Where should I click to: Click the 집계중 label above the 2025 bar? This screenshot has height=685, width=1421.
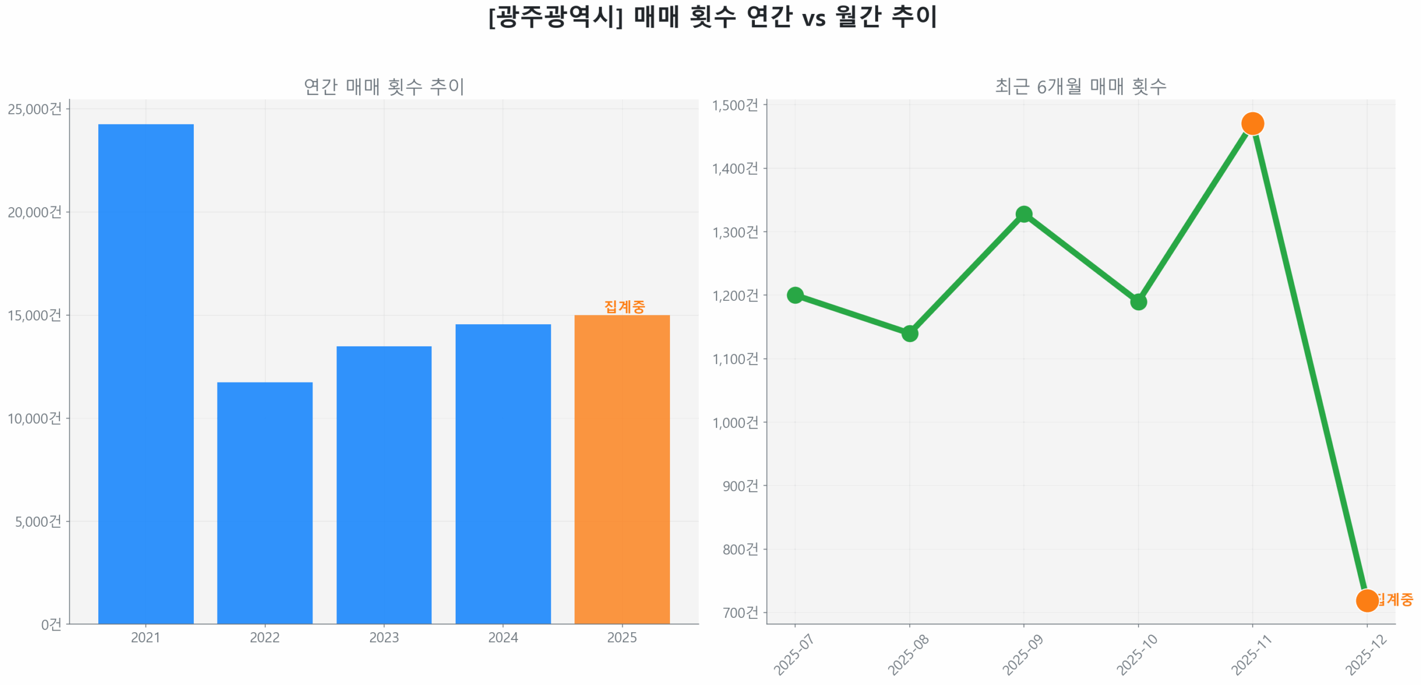pos(624,306)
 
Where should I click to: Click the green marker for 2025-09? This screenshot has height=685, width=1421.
pos(1023,214)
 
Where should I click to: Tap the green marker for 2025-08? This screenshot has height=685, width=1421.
pos(909,333)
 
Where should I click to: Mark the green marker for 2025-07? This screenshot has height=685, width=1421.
pos(794,295)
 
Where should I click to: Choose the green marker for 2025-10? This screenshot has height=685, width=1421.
pos(1137,301)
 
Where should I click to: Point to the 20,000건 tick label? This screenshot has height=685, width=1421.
pos(34,212)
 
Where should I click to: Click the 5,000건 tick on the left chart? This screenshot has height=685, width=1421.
pos(38,521)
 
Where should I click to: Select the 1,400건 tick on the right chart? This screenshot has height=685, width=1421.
pos(734,168)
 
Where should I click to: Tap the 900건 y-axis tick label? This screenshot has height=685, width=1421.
pos(739,485)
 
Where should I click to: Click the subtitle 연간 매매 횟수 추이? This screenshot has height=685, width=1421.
pos(383,87)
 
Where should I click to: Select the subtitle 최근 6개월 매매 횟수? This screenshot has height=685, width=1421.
pos(1080,86)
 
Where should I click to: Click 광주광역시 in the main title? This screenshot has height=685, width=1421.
pos(555,17)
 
